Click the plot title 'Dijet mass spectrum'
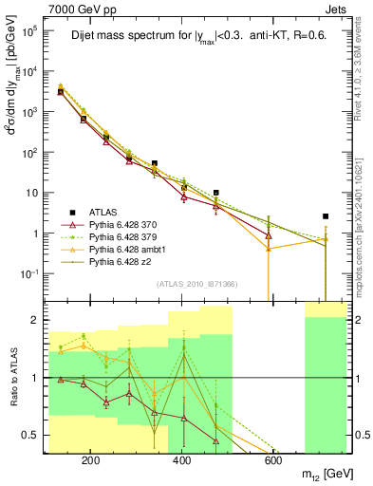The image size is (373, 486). click(142, 38)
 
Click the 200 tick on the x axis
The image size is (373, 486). click(91, 462)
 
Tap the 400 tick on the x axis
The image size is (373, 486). click(181, 462)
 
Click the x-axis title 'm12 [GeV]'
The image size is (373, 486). click(322, 473)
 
